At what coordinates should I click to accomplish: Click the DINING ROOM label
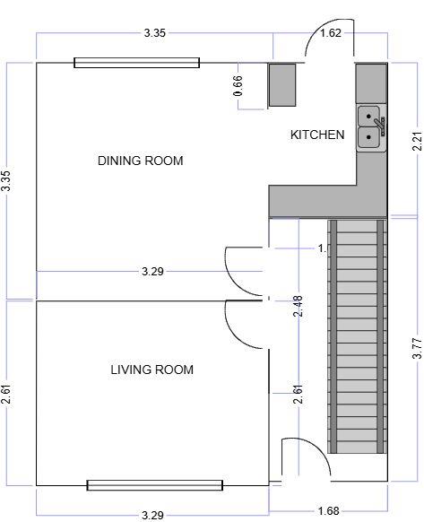click(x=140, y=161)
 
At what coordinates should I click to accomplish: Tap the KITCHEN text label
click(x=317, y=135)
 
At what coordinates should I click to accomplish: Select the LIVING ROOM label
click(x=151, y=370)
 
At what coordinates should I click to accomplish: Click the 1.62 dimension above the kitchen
click(x=330, y=33)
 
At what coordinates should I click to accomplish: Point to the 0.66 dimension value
click(x=238, y=85)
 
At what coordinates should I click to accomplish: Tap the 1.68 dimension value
click(x=329, y=511)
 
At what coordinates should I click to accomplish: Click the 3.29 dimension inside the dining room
click(x=153, y=271)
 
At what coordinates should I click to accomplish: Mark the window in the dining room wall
click(x=136, y=63)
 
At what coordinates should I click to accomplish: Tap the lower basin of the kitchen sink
click(x=368, y=137)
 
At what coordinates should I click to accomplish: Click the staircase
click(x=358, y=336)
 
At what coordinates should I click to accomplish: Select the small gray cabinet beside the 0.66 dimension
click(x=283, y=85)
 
